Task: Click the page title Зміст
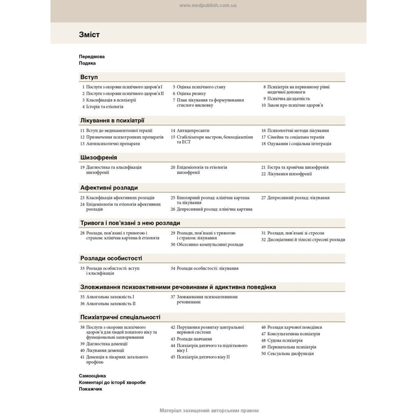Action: pos(89,35)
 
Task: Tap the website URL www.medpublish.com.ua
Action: pos(208,5)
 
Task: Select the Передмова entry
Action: pos(92,56)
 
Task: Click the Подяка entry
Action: pos(87,63)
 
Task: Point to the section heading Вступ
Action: pos(89,77)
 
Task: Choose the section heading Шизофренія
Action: pos(98,157)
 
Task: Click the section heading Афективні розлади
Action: pos(109,188)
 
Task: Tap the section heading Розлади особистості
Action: pos(111,258)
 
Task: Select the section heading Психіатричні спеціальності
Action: pos(120,317)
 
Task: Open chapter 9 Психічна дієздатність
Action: pos(288,99)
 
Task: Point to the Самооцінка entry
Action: pos(92,376)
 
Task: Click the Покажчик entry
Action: pos(90,389)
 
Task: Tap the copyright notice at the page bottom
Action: pos(209,410)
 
